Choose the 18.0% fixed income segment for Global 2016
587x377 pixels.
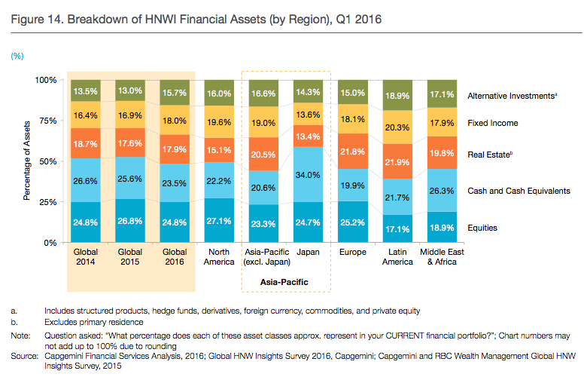(175, 121)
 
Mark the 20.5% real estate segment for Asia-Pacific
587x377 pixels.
(264, 154)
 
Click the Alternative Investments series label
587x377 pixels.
(512, 96)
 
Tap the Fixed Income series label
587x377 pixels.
(493, 122)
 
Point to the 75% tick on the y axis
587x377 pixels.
(49, 121)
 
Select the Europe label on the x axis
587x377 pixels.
(354, 252)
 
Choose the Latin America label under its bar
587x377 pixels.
(397, 256)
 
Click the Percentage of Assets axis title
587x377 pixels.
(26, 161)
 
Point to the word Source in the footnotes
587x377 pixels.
(23, 354)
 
